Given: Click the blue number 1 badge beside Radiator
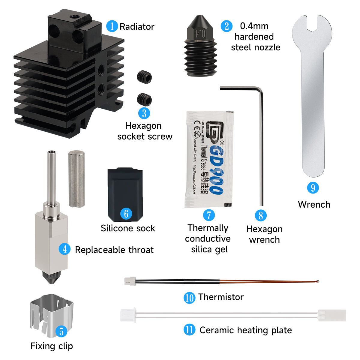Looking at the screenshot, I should click(112, 26).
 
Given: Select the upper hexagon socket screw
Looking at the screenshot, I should click(144, 76).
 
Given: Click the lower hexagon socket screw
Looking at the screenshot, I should click(144, 99).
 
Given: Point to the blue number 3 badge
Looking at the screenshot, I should click(144, 113).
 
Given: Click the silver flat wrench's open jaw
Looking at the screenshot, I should click(312, 25).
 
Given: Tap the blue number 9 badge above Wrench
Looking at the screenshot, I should click(313, 188).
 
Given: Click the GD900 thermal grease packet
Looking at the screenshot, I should click(209, 159).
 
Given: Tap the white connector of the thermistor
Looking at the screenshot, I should click(130, 281).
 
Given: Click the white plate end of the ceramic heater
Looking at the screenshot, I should click(332, 315).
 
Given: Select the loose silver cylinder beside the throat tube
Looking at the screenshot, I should click(76, 179).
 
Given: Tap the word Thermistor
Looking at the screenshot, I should click(221, 297).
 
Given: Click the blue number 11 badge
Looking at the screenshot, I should click(189, 330).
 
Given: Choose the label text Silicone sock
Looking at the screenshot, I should click(128, 228).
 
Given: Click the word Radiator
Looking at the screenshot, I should click(137, 27).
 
